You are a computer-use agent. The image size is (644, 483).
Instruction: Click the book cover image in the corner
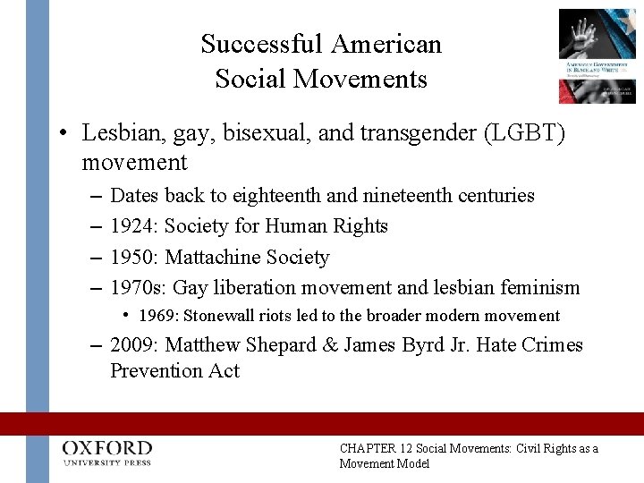click(x=597, y=55)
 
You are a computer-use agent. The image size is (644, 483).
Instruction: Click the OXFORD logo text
click(x=107, y=447)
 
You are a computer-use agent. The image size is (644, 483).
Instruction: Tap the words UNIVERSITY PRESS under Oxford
click(x=107, y=462)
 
